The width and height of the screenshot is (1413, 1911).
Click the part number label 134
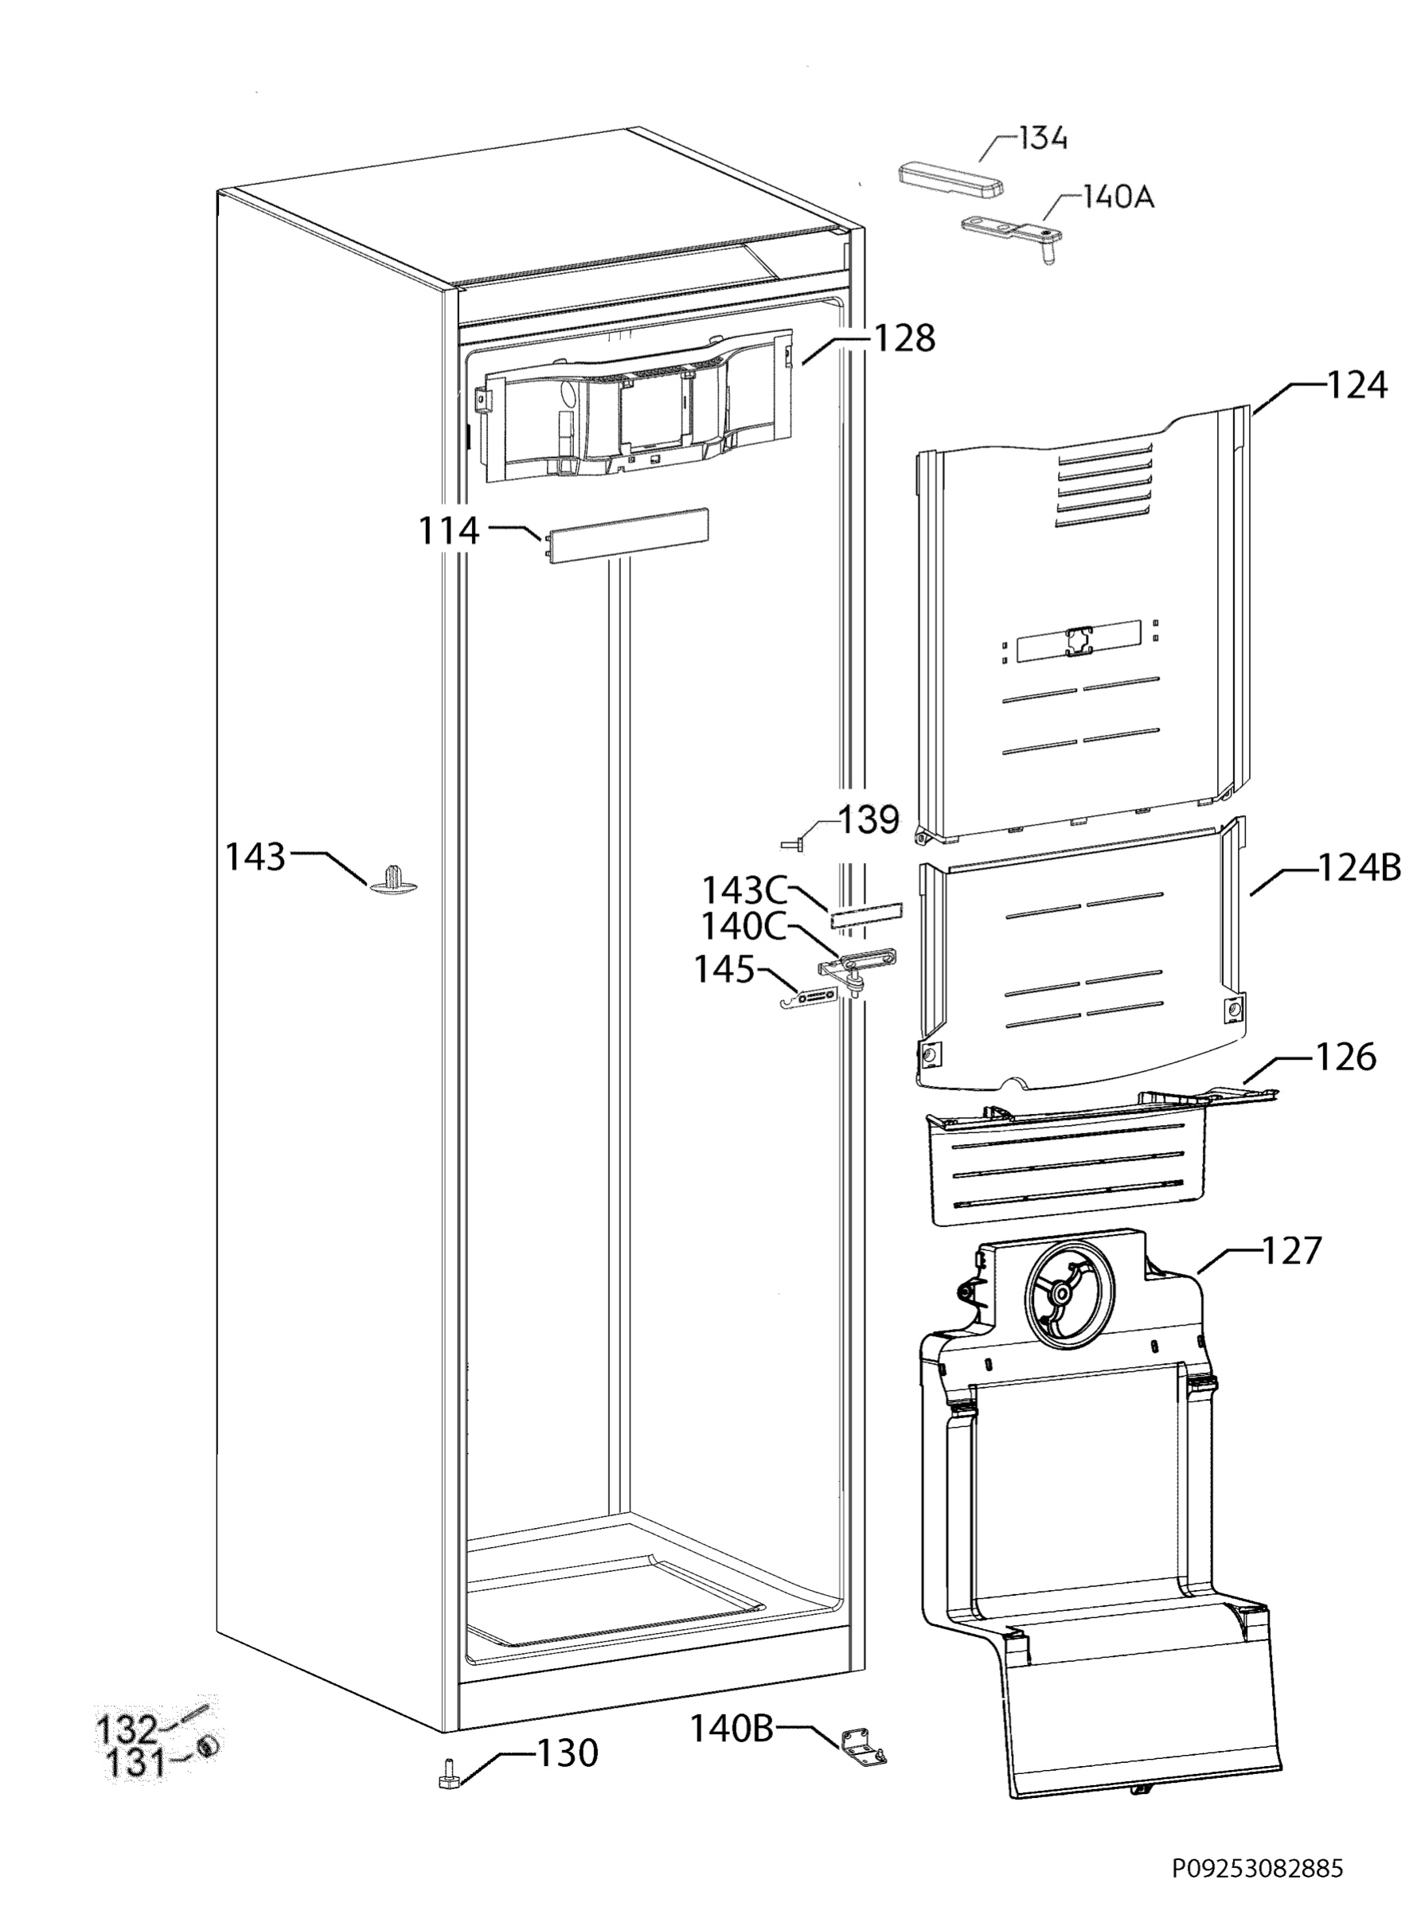point(1042,138)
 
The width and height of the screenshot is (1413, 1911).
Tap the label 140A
point(1118,197)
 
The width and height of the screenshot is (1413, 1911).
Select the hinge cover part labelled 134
point(950,182)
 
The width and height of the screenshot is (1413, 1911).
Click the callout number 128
point(904,338)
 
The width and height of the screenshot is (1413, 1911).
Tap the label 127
point(1291,1251)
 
